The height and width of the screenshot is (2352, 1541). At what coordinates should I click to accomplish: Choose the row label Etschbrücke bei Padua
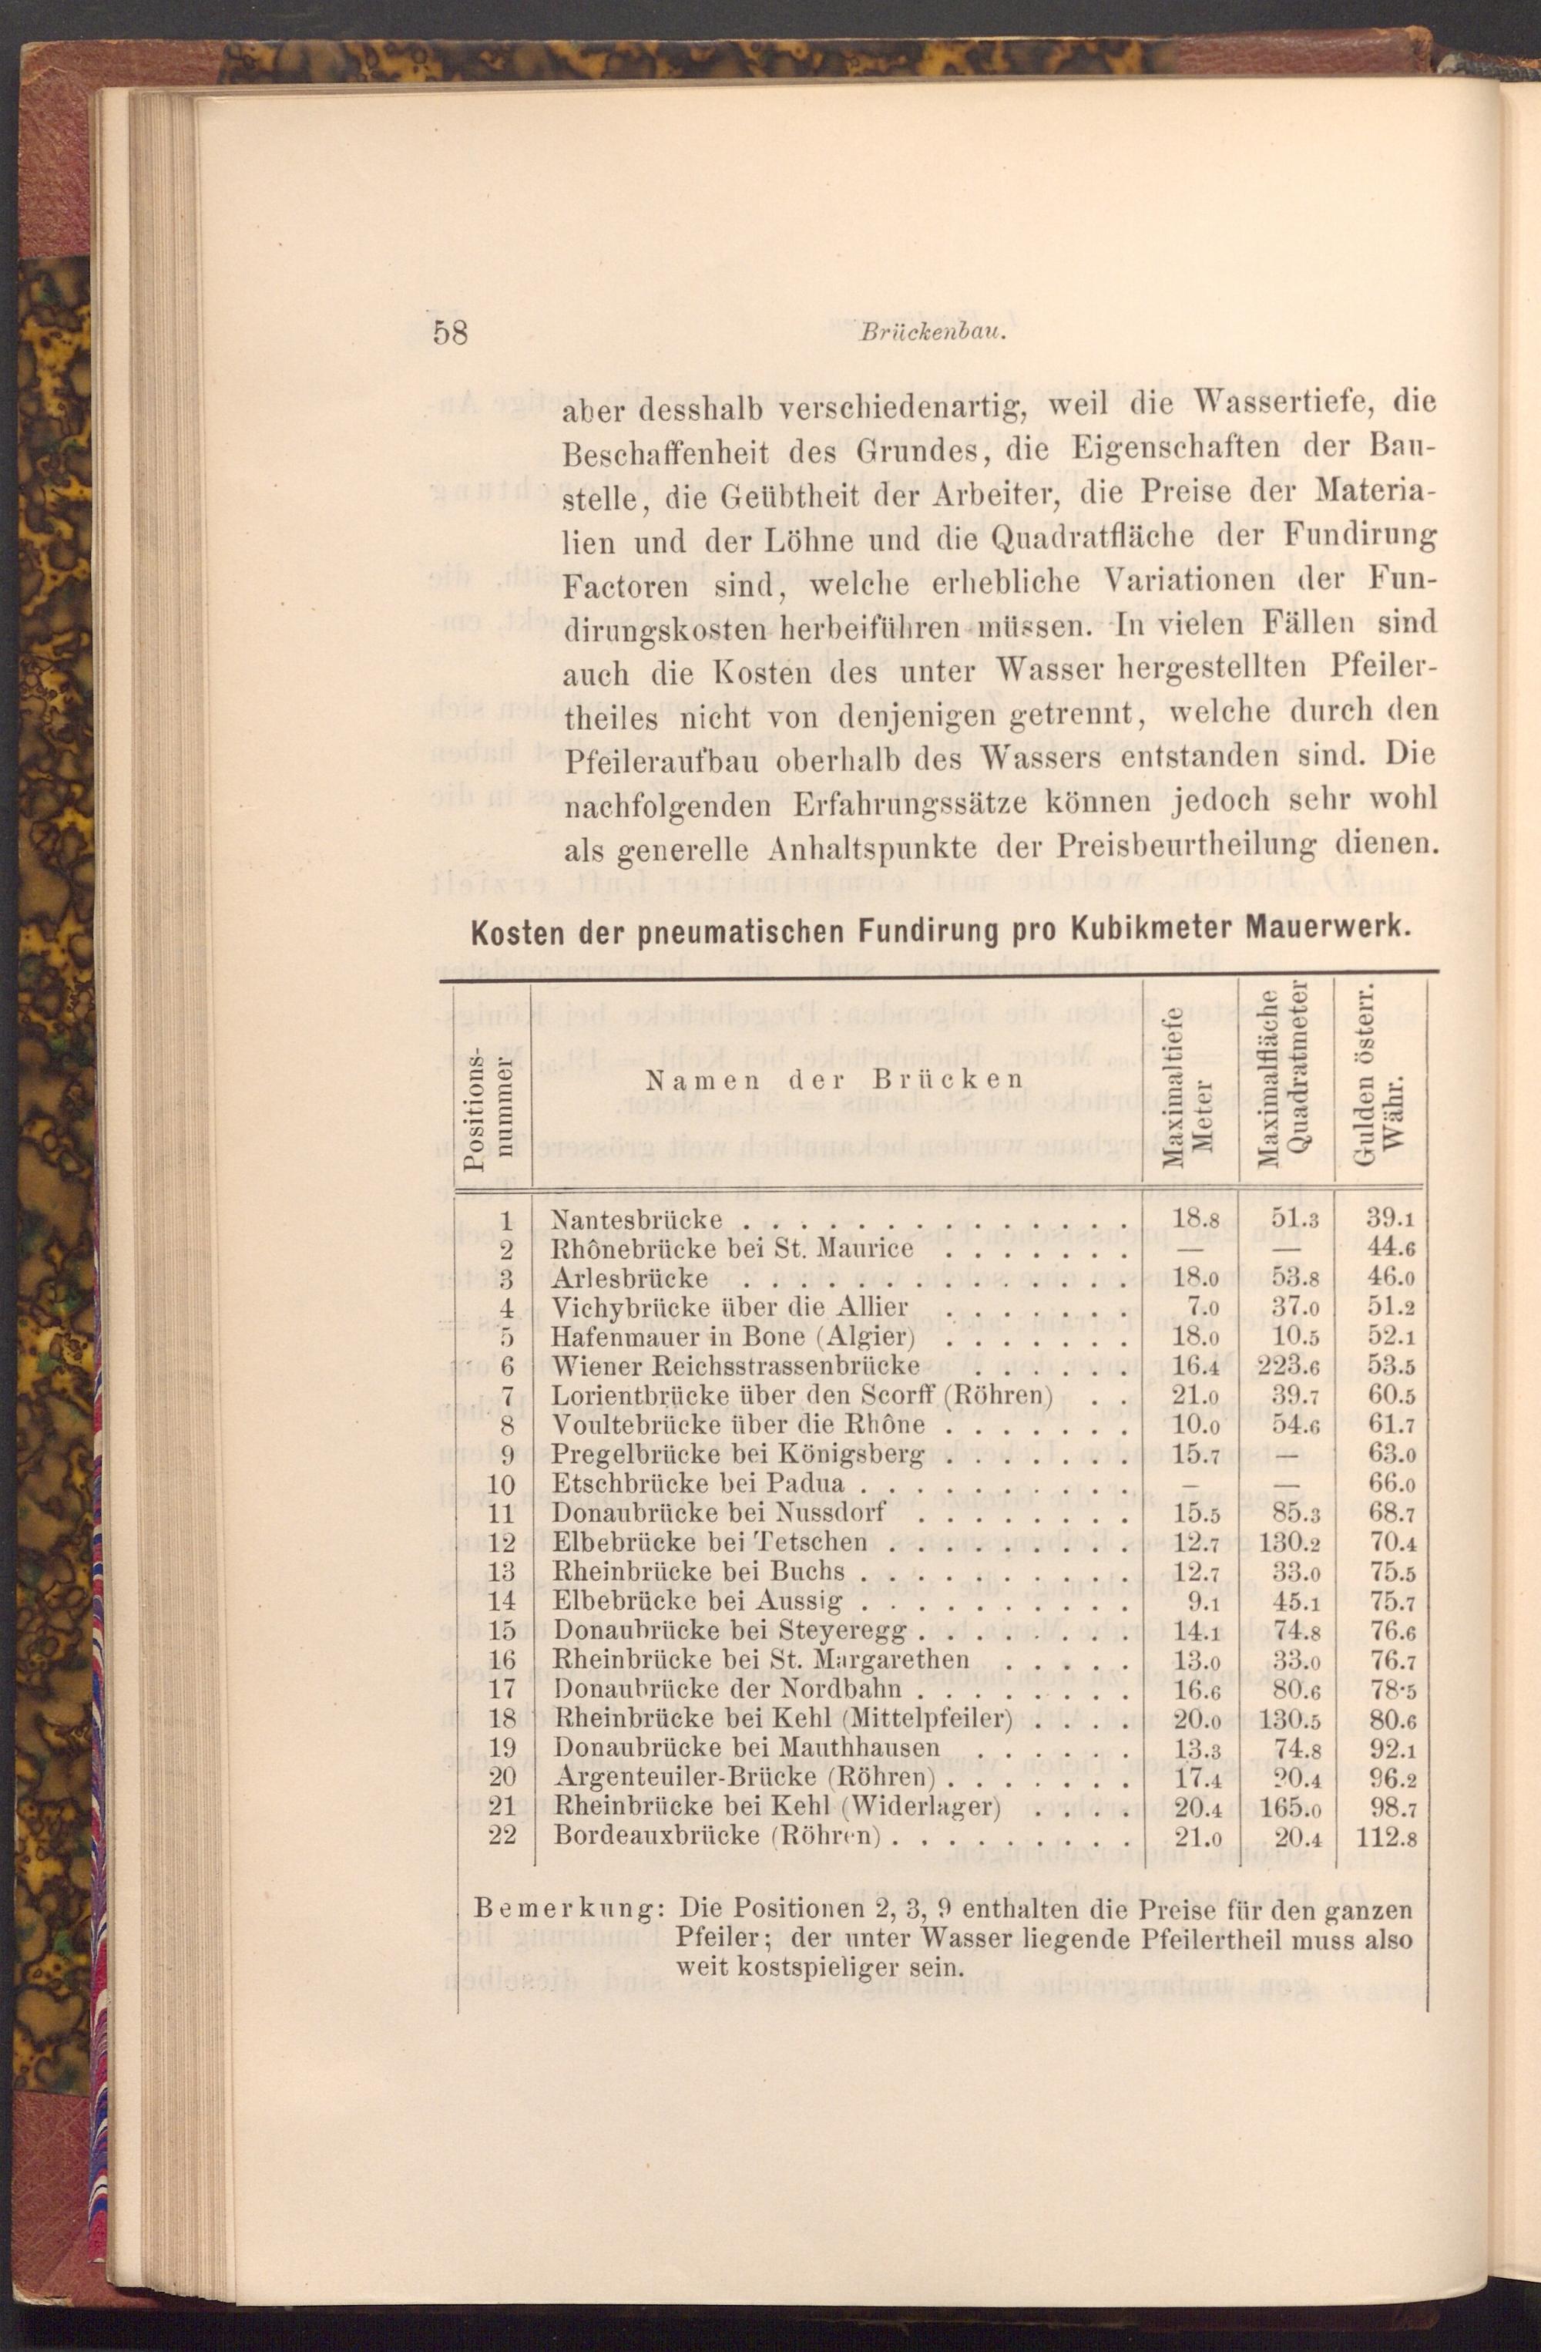pos(697,1483)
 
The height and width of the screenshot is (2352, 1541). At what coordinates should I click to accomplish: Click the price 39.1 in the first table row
pos(1389,1220)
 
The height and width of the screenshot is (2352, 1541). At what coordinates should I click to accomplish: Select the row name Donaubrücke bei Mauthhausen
pos(746,1748)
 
